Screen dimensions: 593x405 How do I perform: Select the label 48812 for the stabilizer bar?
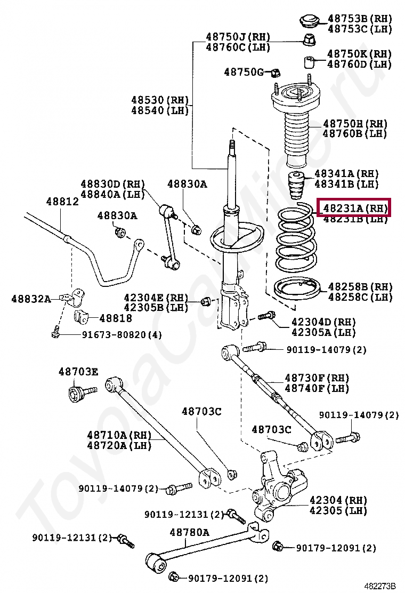[x=62, y=202]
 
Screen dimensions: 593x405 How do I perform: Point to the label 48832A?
[x=31, y=299]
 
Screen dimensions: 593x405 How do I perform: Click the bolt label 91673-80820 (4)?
[x=122, y=334]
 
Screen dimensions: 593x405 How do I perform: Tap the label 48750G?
[x=244, y=71]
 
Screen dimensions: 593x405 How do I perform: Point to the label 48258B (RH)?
[x=360, y=287]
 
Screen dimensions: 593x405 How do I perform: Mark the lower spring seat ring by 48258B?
[x=296, y=291]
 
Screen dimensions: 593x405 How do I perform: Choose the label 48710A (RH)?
[x=119, y=435]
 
